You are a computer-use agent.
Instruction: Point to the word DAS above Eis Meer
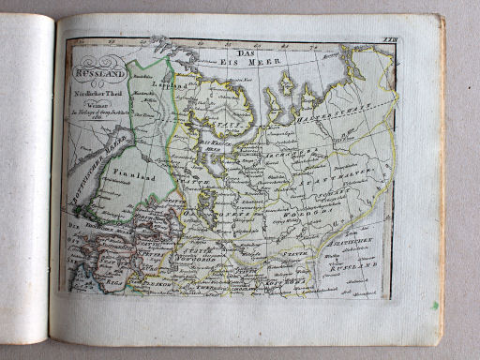pyautogui.click(x=246, y=54)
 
